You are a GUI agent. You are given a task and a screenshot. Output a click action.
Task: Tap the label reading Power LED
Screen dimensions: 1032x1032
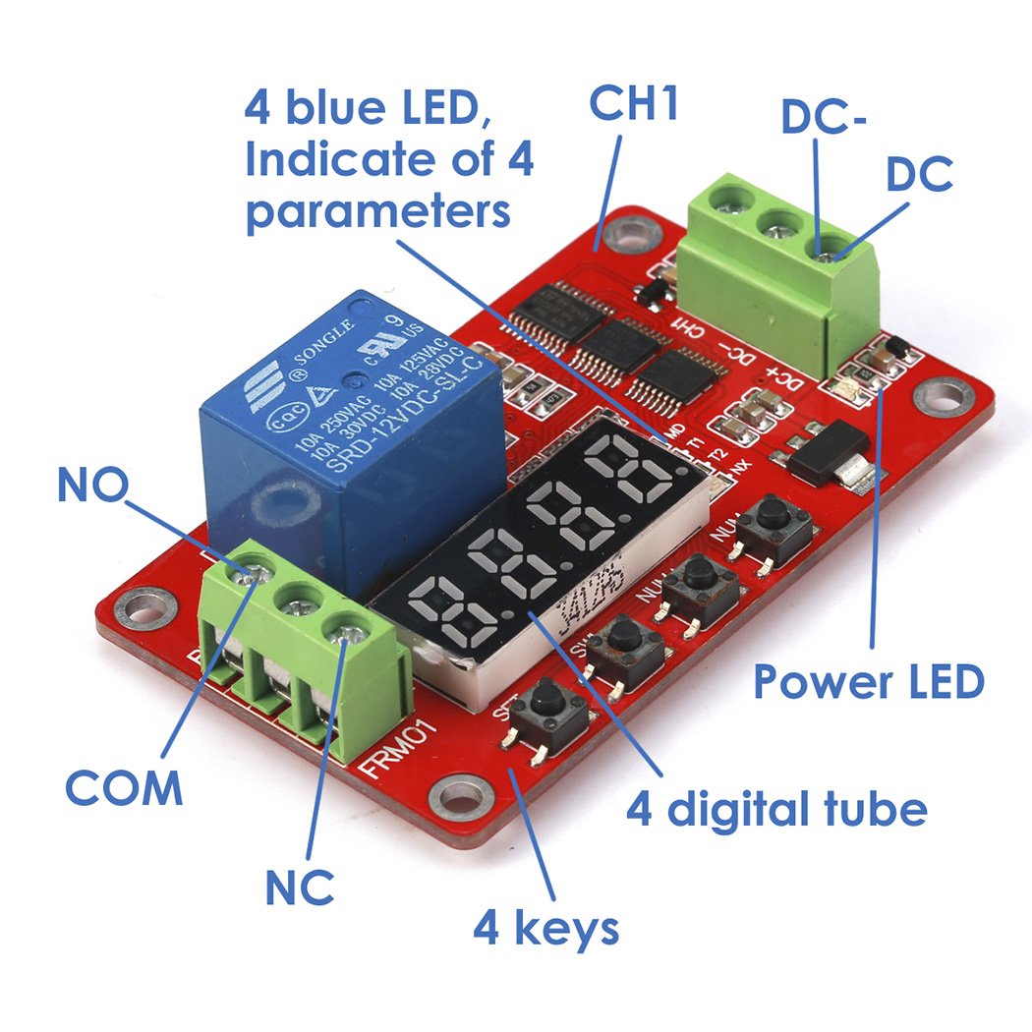click(x=868, y=681)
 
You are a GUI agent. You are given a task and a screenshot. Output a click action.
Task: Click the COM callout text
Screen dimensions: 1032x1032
click(x=124, y=787)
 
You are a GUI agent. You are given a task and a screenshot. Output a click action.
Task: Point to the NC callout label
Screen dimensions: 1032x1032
click(x=300, y=888)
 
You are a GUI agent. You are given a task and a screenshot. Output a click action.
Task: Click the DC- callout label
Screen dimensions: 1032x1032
click(x=824, y=117)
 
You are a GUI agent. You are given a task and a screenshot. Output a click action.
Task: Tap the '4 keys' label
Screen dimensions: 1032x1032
click(x=546, y=927)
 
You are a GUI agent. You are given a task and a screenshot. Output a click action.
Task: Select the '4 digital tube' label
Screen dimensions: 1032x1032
click(x=776, y=811)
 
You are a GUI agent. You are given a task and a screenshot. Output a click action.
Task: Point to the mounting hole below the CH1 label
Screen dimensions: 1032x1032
click(x=622, y=232)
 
